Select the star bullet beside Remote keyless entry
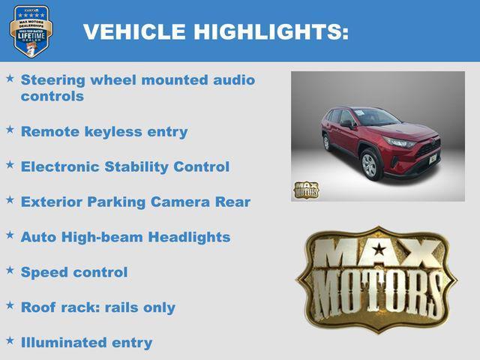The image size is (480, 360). pos(10,130)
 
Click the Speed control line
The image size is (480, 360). pos(74,272)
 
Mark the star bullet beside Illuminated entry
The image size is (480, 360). pos(10,340)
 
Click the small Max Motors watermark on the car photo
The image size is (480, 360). pos(305,190)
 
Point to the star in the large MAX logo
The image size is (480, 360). pos(379,250)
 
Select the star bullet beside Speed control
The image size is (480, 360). pos(10,271)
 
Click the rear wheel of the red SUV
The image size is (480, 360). pos(326,142)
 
